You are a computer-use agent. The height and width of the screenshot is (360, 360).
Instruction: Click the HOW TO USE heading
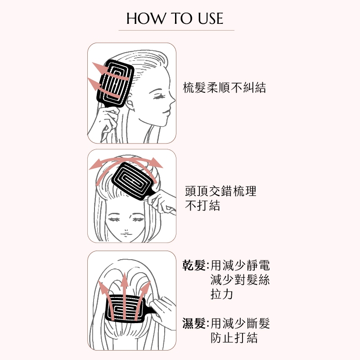pos(175,18)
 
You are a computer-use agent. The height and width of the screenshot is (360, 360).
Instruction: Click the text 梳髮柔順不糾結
pos(224,88)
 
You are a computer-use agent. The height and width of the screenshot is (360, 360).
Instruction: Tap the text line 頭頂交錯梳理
pos(220,191)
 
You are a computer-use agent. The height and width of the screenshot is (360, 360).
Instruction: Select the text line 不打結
pos(202,206)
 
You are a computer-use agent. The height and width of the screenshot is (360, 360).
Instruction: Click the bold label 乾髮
pos(194,265)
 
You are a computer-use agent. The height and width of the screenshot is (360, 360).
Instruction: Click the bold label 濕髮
pos(194,323)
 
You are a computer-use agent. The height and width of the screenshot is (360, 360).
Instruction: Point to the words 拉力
pos(221,294)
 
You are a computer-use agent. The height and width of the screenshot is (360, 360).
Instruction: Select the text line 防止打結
pos(234,338)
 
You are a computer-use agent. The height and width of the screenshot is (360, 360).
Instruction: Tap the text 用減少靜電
pos(240,265)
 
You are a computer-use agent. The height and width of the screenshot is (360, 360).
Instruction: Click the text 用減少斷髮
pos(240,323)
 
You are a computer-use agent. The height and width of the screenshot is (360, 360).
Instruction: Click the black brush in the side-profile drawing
pos(115,84)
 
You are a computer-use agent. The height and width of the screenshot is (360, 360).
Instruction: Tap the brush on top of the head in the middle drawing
pos(135,181)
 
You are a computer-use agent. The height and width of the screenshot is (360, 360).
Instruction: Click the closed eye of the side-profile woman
pos(158,97)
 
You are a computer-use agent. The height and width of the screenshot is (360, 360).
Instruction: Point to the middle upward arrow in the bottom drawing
pos(124,296)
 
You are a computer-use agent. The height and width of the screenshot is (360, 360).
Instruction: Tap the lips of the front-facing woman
pos(126,234)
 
